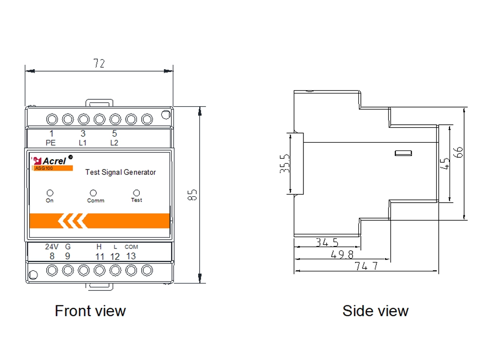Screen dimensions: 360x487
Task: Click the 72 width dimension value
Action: [x=99, y=63]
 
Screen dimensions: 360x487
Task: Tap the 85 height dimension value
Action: [x=192, y=195]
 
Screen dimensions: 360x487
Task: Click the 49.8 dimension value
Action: [x=341, y=254]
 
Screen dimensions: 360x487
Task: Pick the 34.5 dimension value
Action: [x=327, y=242]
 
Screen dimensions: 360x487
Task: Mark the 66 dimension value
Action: [x=458, y=152]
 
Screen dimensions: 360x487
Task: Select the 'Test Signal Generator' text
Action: [x=120, y=172]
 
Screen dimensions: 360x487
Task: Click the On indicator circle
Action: [x=50, y=193]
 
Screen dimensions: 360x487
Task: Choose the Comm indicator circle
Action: [x=94, y=193]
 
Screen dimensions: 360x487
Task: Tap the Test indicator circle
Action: [x=136, y=193]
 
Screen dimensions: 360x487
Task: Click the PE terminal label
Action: [x=51, y=143]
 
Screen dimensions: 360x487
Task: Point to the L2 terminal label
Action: [x=114, y=143]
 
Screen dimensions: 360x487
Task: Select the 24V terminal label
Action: [x=52, y=246]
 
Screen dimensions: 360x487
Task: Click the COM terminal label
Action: [x=131, y=247]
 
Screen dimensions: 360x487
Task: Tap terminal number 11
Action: [x=99, y=256]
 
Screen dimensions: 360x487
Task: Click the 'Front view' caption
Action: [x=90, y=310]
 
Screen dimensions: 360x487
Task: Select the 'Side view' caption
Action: [x=375, y=310]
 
